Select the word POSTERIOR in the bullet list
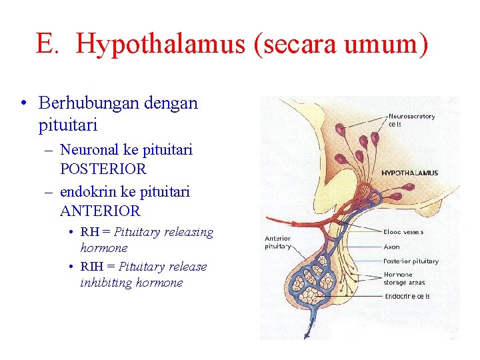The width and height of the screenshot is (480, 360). [103, 169]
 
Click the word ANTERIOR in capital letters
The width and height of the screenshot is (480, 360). [100, 211]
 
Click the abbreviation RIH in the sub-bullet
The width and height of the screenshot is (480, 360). [93, 266]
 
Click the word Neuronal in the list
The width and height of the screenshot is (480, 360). [89, 150]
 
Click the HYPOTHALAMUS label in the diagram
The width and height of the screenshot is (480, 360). [409, 173]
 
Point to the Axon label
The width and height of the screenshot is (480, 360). [391, 246]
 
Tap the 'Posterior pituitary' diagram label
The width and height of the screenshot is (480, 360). [411, 261]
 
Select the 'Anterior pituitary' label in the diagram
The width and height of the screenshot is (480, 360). [278, 242]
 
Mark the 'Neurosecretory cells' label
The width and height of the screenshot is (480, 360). [411, 120]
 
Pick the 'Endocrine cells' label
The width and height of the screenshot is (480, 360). [406, 296]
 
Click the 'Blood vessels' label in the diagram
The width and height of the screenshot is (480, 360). [403, 232]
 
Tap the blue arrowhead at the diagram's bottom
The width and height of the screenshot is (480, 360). [308, 335]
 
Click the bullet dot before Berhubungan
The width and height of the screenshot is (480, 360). [23, 104]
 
